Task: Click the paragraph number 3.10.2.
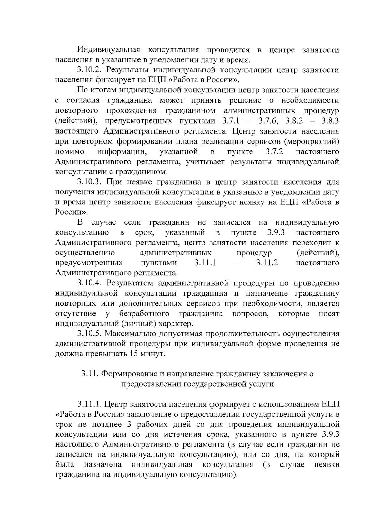point(90,70)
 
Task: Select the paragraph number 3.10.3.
point(90,182)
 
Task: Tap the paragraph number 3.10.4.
point(90,283)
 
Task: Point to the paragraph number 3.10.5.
point(90,334)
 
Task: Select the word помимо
point(70,152)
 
